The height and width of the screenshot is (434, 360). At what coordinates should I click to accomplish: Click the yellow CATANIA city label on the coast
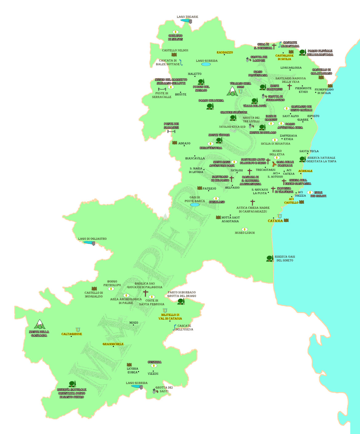point(275,221)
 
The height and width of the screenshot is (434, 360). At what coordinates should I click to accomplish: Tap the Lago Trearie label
point(187,17)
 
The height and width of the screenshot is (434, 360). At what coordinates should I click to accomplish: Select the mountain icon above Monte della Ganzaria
point(39,324)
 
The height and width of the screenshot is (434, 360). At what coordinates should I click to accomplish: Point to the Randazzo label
point(225,52)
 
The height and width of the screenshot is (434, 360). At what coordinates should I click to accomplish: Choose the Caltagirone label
point(71,334)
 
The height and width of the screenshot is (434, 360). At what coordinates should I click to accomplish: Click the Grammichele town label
point(113,344)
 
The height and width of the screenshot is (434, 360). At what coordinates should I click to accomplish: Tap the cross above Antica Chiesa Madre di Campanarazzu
point(253,202)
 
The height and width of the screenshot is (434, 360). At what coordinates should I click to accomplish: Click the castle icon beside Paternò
point(200,188)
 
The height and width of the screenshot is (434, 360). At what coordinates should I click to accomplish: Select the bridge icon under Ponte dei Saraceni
point(171,131)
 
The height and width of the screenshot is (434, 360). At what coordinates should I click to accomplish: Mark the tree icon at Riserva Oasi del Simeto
point(270,259)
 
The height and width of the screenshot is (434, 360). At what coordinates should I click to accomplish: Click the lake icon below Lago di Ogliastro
point(89,243)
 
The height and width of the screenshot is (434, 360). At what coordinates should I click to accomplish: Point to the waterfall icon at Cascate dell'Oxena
point(174,327)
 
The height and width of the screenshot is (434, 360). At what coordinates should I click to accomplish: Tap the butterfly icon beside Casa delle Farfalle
point(274,164)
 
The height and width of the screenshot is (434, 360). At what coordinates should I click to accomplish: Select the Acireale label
point(305,171)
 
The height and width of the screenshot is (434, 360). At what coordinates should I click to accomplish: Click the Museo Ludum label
point(245,233)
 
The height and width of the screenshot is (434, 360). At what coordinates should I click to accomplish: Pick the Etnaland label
point(217,202)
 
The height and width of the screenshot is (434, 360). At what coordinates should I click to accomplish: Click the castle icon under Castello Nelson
point(174,54)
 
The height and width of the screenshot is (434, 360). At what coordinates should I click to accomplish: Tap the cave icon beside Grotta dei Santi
point(155,391)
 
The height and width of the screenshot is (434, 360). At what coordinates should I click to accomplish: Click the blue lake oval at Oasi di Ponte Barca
point(195,205)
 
